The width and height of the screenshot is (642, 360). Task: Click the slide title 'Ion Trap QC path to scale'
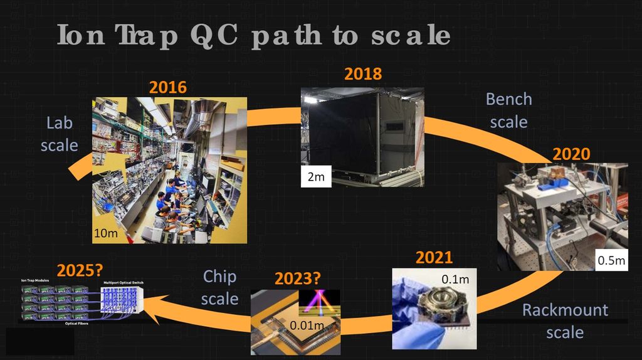point(253,36)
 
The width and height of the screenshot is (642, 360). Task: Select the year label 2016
point(167,87)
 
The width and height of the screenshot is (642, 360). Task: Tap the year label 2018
point(362,74)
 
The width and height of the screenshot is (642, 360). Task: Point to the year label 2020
point(571,154)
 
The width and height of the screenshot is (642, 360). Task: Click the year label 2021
point(434,258)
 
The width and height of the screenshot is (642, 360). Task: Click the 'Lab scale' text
point(60,134)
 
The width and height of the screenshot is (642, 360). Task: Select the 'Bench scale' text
point(508,110)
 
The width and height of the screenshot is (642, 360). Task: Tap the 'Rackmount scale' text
point(565,320)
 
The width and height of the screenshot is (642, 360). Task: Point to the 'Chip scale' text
point(219,287)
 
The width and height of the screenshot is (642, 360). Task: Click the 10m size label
point(105,233)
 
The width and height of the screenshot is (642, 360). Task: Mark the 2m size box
point(315,177)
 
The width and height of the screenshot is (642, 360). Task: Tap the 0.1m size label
point(454,278)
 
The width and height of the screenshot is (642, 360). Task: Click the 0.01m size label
point(307,325)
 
